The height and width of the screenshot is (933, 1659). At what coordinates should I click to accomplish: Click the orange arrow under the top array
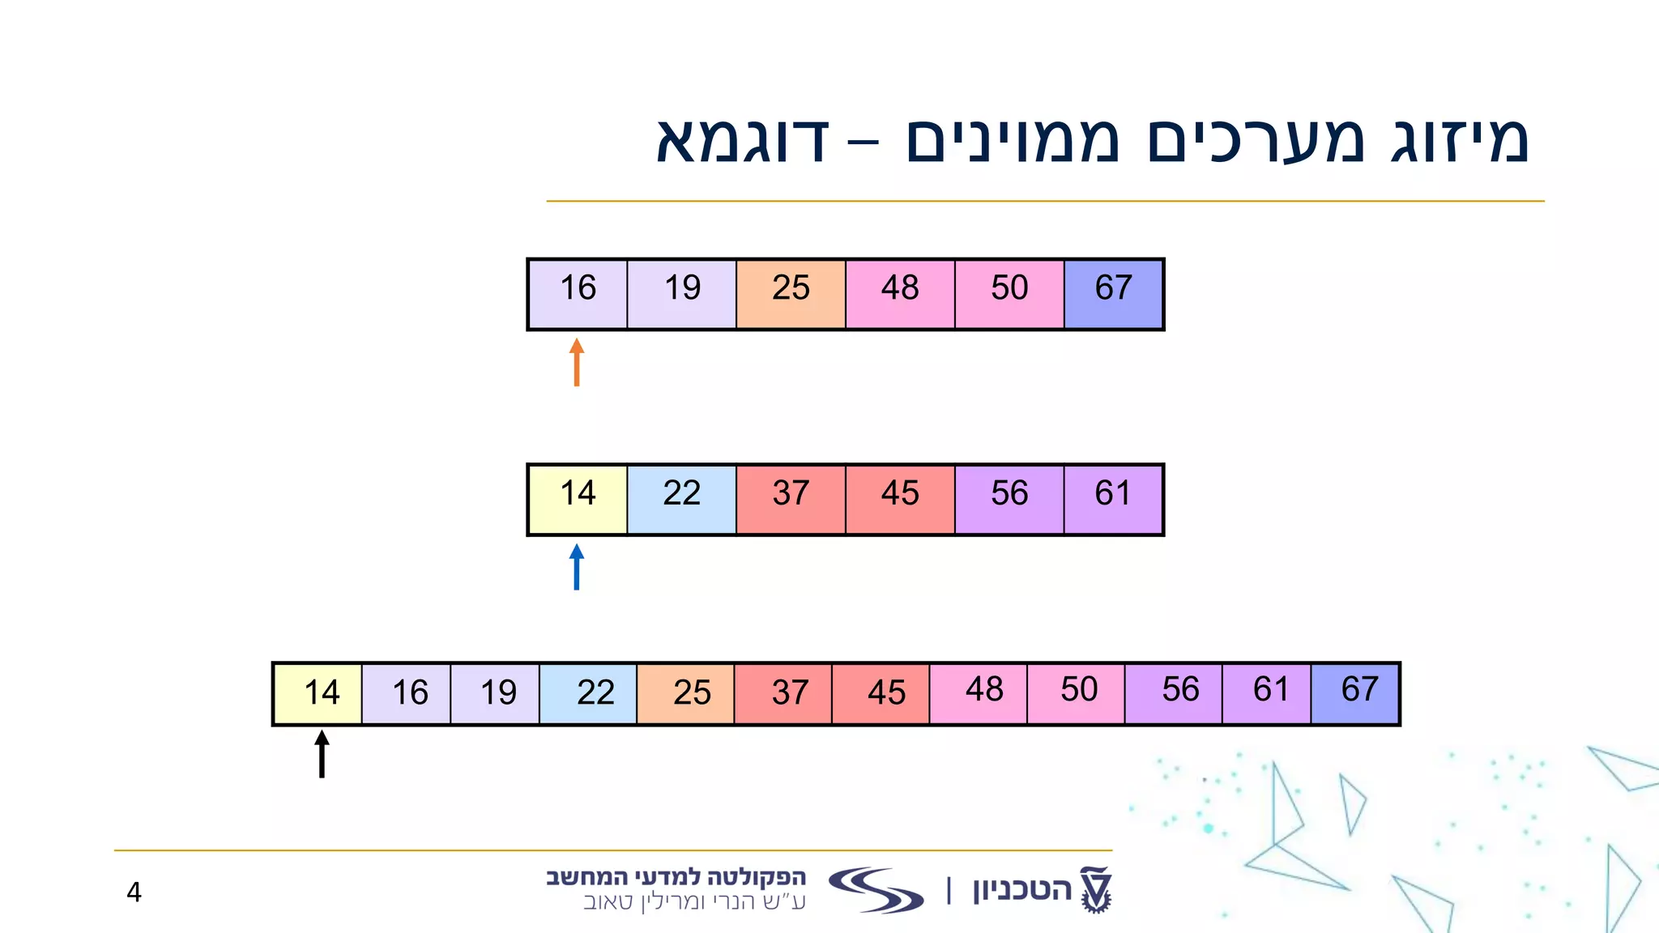coord(577,362)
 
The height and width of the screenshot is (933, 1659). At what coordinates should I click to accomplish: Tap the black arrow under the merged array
coord(322,754)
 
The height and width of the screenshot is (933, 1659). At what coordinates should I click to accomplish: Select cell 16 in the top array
coord(578,294)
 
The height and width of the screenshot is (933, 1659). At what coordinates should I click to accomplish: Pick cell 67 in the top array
coord(1113,294)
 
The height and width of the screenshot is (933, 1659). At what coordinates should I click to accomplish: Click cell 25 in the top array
coord(791,294)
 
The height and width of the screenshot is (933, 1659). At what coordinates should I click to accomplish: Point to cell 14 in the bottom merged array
coord(318,693)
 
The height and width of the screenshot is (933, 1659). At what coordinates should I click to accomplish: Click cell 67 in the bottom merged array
coord(1354,693)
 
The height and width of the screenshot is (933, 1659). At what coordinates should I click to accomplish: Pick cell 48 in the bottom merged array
coord(979,693)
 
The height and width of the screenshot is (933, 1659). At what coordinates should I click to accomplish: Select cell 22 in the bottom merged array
coord(589,693)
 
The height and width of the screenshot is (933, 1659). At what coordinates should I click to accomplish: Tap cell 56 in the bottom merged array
coord(1173,693)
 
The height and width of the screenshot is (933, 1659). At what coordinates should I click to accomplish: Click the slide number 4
coord(134,892)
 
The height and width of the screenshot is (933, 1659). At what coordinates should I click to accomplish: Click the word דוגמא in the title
coord(742,140)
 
